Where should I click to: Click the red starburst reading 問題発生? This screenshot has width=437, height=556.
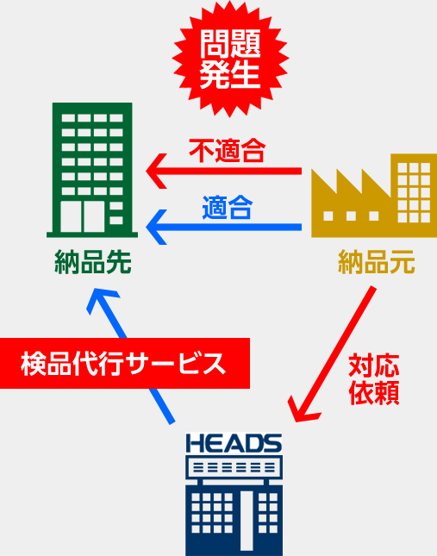tap(230, 59)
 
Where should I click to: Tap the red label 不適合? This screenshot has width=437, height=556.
tap(228, 150)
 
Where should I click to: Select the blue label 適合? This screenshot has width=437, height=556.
tap(228, 207)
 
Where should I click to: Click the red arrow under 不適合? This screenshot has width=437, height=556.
tap(223, 172)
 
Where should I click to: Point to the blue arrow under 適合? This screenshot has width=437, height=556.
tap(223, 227)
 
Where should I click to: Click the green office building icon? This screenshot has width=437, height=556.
tap(92, 170)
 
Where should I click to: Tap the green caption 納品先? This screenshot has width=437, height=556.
tap(93, 262)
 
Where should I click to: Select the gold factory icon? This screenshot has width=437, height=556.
tap(374, 196)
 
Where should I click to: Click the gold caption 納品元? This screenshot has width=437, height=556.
tap(377, 262)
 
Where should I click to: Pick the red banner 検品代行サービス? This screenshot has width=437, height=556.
tap(125, 364)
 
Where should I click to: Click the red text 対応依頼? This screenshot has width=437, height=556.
tap(374, 379)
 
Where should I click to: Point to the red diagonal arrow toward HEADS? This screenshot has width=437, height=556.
tap(332, 354)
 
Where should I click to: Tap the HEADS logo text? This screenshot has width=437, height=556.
tap(234, 443)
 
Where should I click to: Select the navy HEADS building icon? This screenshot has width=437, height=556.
tap(234, 494)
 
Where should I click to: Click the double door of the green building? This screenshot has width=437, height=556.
tap(83, 216)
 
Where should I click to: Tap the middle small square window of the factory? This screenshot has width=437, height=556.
tap(351, 216)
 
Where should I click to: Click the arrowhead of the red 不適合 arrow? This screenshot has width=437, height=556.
tap(157, 172)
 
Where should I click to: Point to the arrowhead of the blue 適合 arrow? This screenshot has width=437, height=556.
tap(157, 227)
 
